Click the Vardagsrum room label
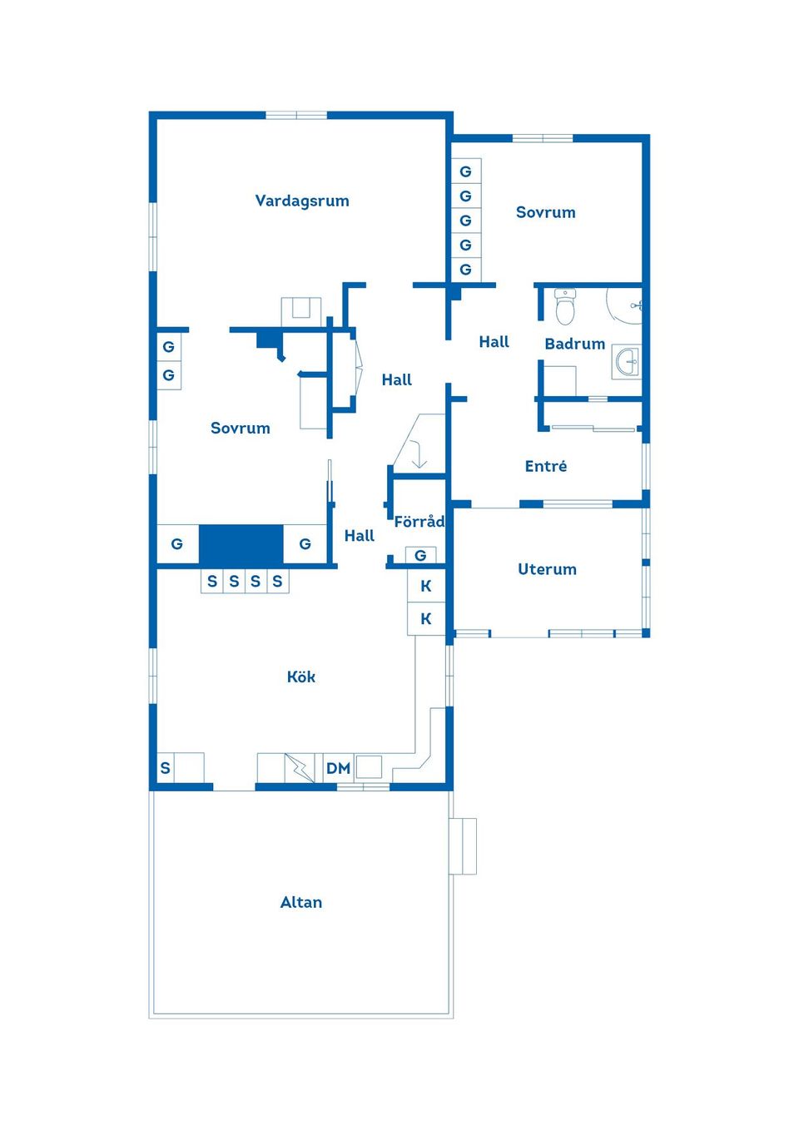pyautogui.click(x=302, y=201)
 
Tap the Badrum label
pyautogui.click(x=574, y=344)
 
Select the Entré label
pyautogui.click(x=546, y=466)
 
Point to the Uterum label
pyautogui.click(x=547, y=569)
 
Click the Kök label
pyautogui.click(x=300, y=677)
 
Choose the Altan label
pyautogui.click(x=300, y=902)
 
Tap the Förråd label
pyautogui.click(x=419, y=522)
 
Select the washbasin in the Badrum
pyautogui.click(x=628, y=361)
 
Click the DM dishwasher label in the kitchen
pyautogui.click(x=338, y=768)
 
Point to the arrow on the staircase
pyautogui.click(x=419, y=456)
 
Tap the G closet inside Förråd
pyautogui.click(x=420, y=555)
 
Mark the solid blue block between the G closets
pyautogui.click(x=241, y=544)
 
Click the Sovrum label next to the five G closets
pyautogui.click(x=545, y=212)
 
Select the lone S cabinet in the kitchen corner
pyautogui.click(x=166, y=768)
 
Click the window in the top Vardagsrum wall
pyautogui.click(x=296, y=115)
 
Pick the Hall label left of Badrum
pyautogui.click(x=494, y=341)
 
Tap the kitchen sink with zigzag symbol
pyautogui.click(x=300, y=767)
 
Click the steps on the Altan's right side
pyautogui.click(x=464, y=846)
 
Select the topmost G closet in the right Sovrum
pyautogui.click(x=465, y=171)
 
